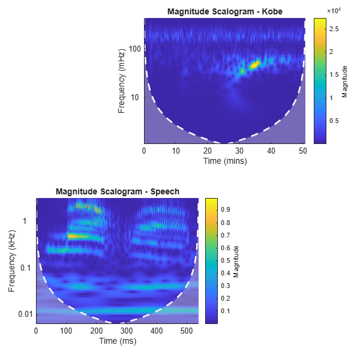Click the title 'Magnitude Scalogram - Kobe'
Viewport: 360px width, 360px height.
click(225, 11)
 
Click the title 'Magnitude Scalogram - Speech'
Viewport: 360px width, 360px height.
click(118, 191)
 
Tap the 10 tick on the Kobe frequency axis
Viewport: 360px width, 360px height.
click(136, 97)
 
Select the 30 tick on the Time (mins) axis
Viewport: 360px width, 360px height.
click(239, 150)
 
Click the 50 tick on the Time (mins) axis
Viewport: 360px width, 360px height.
click(303, 150)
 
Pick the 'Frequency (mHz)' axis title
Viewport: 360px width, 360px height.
click(122, 81)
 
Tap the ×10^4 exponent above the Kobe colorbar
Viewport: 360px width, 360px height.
click(334, 11)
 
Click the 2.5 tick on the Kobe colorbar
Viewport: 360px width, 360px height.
click(335, 28)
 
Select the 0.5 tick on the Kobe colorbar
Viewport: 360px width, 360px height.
click(335, 121)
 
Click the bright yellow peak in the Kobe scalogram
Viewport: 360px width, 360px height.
click(256, 63)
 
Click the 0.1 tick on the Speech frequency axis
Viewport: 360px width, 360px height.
click(27, 268)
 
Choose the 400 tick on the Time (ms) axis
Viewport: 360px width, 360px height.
click(238, 330)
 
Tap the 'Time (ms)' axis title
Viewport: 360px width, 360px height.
click(117, 340)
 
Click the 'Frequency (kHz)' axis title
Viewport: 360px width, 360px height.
click(12, 261)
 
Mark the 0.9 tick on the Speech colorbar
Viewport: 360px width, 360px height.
click(227, 209)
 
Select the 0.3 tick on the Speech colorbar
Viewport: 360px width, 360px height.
click(227, 286)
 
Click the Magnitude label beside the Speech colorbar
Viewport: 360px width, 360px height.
click(236, 261)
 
